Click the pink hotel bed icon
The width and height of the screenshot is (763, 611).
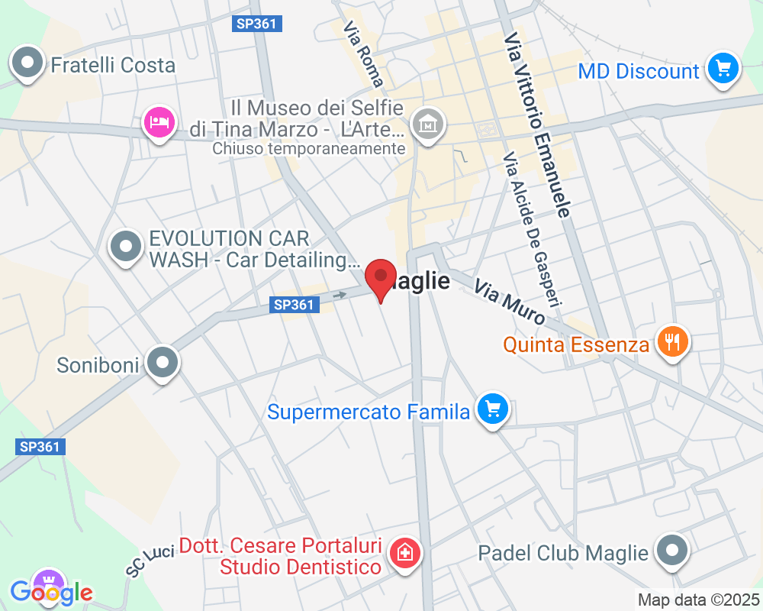pos(159,122)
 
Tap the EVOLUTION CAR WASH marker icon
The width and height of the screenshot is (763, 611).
pos(126,247)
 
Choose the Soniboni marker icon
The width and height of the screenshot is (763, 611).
pos(163,364)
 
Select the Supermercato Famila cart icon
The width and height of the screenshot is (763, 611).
pos(493,411)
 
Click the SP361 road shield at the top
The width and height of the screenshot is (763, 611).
pos(257,24)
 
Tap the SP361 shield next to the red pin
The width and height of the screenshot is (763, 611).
pos(294,305)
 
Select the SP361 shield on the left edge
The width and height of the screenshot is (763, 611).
pos(40,447)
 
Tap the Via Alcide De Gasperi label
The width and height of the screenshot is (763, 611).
pos(532,228)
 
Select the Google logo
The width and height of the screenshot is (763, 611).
pos(52,592)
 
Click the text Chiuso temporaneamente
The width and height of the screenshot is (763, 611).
pos(309,149)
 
